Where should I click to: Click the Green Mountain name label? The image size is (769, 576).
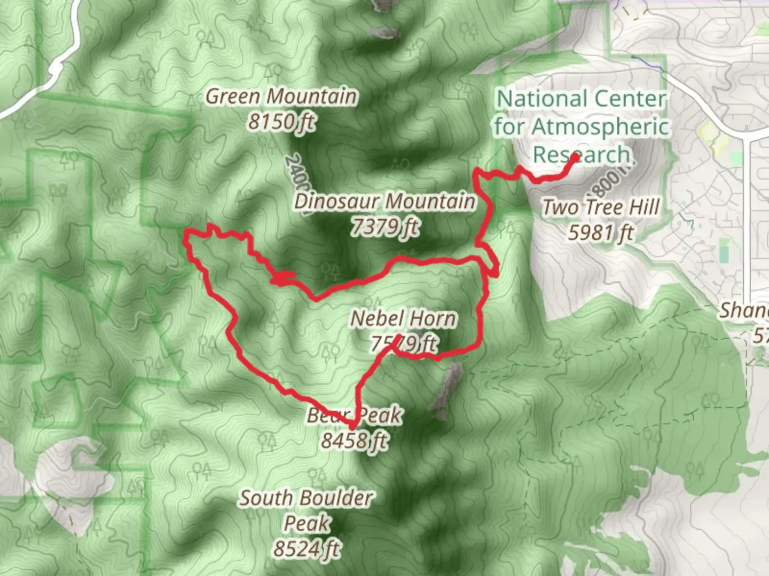(281, 97)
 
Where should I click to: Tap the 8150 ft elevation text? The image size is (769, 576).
(281, 122)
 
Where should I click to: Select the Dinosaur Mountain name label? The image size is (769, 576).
(384, 202)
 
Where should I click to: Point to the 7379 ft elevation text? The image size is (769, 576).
(384, 227)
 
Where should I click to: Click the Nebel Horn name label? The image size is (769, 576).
(404, 319)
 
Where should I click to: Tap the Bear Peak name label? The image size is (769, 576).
(354, 415)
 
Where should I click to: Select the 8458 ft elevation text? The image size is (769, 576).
(355, 441)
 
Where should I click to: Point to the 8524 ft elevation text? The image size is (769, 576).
(306, 548)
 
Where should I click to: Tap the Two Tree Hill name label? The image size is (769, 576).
(601, 207)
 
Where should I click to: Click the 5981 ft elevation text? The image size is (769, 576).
(600, 233)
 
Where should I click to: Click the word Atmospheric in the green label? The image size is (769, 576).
(600, 127)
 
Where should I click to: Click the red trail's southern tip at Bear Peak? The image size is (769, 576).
(352, 427)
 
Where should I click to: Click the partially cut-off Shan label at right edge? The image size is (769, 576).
(745, 310)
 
